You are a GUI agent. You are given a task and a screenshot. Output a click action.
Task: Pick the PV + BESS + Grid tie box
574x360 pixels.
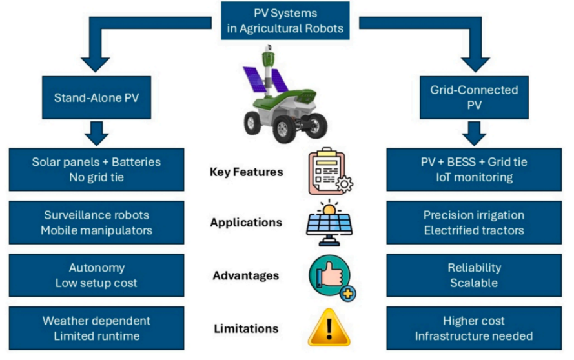(x=474, y=170)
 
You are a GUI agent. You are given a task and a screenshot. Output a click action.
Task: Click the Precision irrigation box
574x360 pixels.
(x=474, y=223)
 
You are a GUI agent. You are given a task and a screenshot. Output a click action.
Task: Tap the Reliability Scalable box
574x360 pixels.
(x=474, y=275)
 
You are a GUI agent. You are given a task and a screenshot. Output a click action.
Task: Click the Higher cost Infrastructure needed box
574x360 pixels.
(x=474, y=328)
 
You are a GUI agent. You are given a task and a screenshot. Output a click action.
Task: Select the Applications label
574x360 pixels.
(x=246, y=223)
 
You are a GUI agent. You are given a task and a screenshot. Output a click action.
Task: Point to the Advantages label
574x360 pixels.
(x=246, y=276)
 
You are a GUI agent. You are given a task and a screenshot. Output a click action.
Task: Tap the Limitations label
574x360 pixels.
(x=246, y=329)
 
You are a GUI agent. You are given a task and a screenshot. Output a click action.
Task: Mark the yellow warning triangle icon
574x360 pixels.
(x=331, y=328)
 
